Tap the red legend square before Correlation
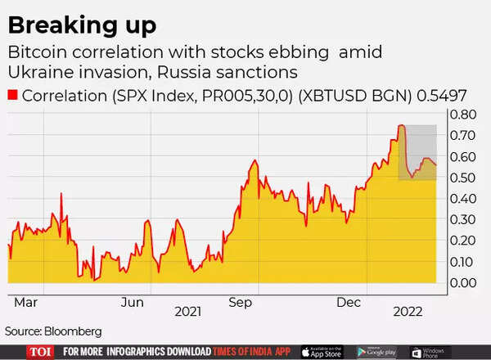(12, 95)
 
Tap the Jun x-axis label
(133, 302)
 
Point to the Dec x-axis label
(350, 302)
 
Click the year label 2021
(187, 312)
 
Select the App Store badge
(321, 352)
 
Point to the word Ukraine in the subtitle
(43, 71)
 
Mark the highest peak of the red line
(401, 125)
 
